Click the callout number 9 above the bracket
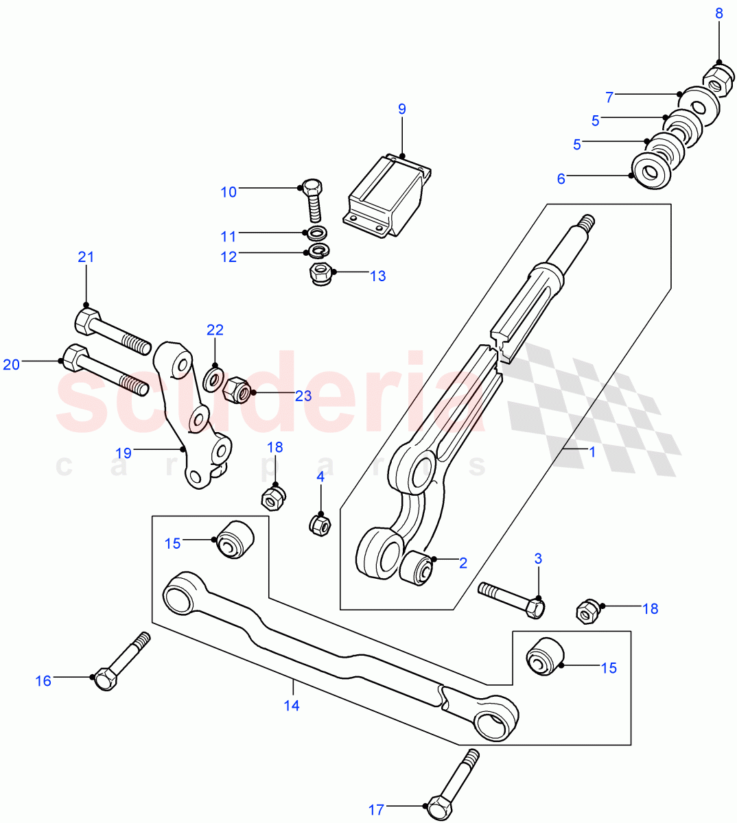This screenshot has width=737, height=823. click(402, 109)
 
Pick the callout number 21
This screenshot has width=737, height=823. click(86, 258)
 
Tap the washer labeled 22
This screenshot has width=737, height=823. click(213, 377)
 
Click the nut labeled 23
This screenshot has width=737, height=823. click(237, 390)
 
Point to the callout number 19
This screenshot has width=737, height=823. click(124, 453)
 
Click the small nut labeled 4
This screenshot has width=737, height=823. click(319, 525)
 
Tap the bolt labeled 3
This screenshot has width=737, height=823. click(511, 597)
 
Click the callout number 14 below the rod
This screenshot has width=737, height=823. click(292, 705)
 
